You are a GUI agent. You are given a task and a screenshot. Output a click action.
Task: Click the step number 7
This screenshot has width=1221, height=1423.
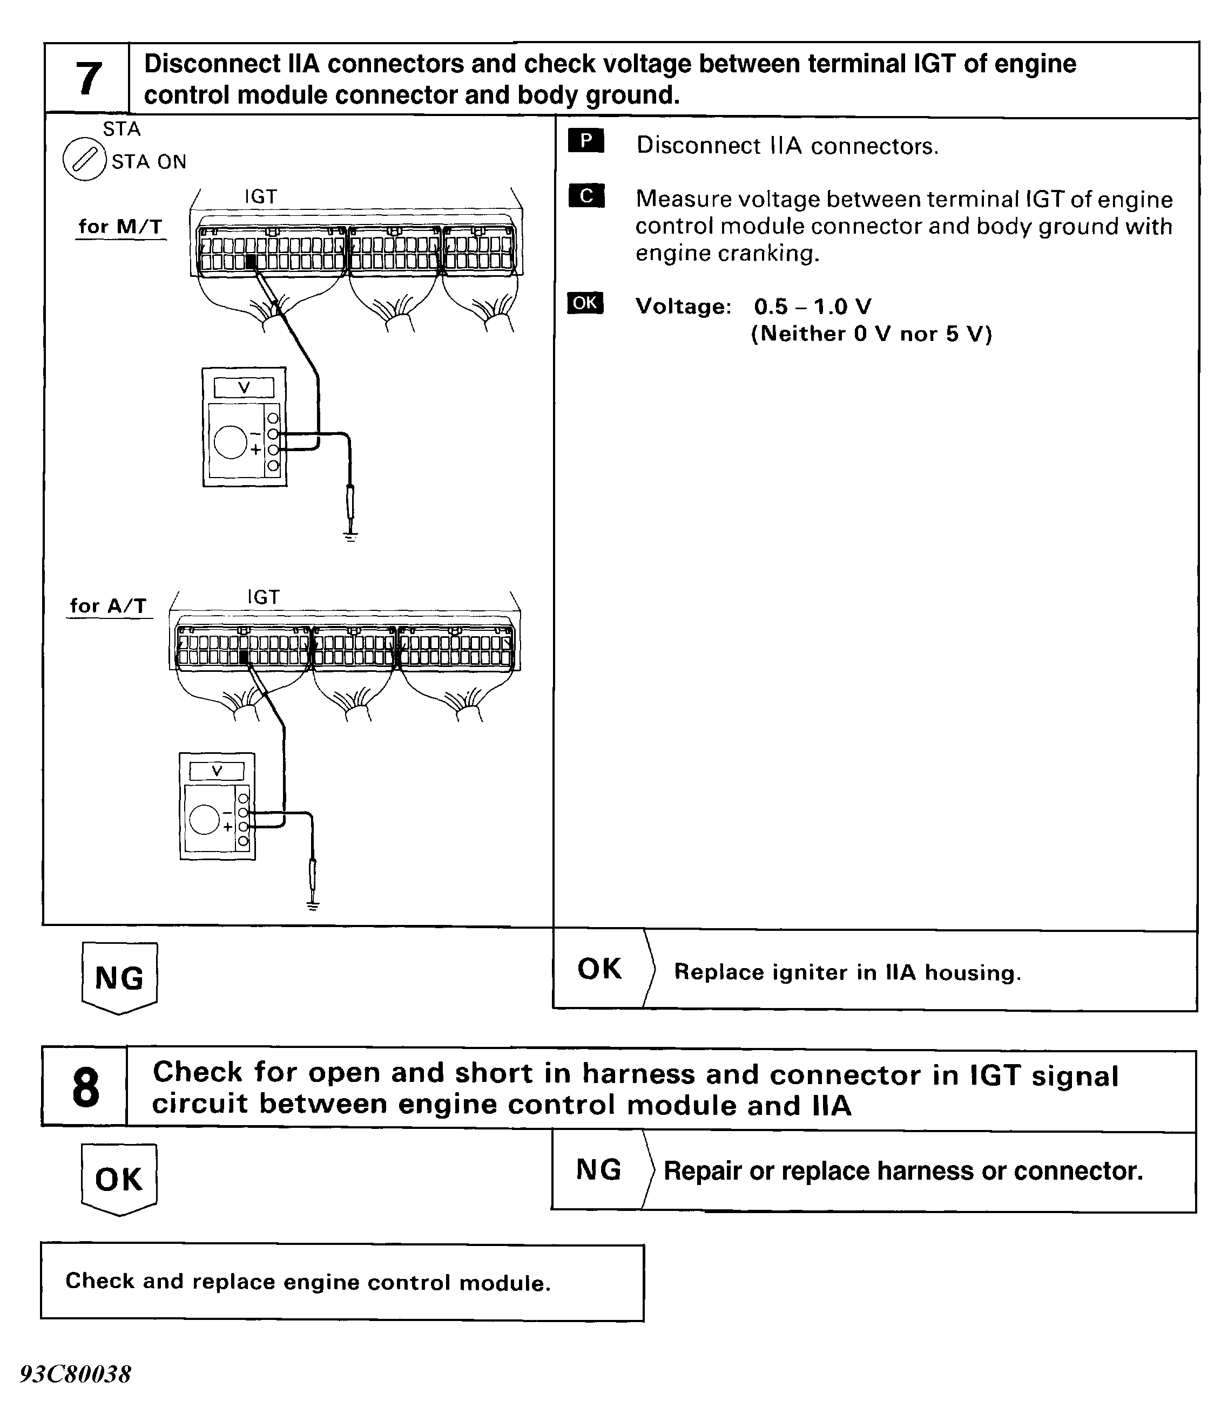coord(88,78)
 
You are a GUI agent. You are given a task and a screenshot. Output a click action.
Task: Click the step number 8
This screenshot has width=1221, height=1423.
coord(85,1088)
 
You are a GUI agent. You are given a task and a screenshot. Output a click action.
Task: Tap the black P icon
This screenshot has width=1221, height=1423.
coord(585,141)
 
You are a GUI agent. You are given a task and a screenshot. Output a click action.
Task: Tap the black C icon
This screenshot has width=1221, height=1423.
coord(585,196)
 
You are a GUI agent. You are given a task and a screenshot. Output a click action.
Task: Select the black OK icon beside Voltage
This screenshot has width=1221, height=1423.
coord(585,303)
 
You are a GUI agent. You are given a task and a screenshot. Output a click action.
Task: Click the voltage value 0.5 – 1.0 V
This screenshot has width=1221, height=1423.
coord(812,307)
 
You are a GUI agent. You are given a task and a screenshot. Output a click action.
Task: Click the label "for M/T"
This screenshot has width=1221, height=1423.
coord(120,227)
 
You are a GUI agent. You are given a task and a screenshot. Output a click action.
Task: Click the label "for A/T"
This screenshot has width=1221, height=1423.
coord(108,606)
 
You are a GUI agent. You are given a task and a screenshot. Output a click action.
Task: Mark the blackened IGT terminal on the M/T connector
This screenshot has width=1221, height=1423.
coord(251,262)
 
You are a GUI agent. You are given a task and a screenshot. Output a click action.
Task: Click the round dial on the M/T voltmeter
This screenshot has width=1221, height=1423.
coord(230,441)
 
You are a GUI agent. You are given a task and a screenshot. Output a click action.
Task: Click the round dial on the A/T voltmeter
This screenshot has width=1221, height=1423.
coord(204,819)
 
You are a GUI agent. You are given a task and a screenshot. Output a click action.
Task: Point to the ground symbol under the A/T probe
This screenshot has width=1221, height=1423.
coord(313,907)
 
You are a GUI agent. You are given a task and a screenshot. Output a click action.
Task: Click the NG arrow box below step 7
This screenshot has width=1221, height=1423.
coord(119,977)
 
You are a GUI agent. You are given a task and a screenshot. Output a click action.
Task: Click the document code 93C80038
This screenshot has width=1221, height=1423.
coord(76,1374)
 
